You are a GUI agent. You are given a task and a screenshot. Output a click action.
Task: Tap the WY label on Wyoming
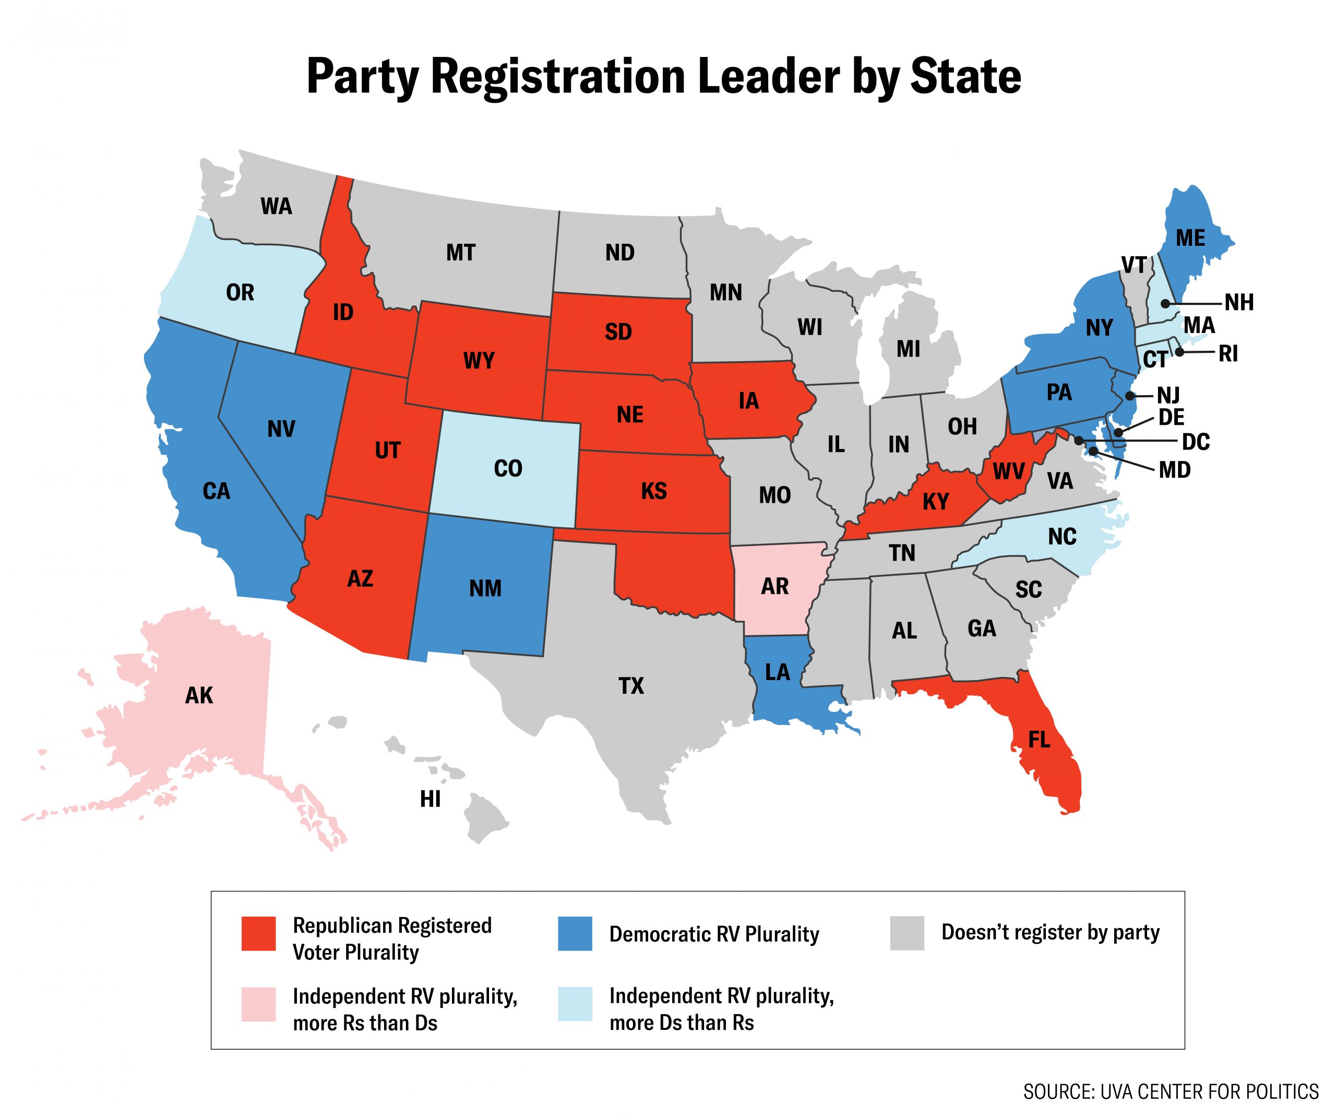pos(479,361)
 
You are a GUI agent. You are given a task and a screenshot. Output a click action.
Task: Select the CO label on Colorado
pos(508,469)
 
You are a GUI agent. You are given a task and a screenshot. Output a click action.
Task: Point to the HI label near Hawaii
pos(430,799)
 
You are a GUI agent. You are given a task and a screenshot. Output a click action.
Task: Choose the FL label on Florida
pos(1039,739)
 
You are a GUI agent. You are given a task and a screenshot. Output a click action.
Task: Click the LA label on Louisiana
pos(777,672)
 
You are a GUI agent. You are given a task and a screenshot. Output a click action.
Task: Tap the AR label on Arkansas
pos(774,586)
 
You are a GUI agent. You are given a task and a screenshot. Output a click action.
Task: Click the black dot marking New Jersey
pos(1130,396)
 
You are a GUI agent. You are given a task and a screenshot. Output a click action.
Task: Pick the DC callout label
pos(1196,442)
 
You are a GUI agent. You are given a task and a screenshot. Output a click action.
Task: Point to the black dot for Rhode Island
pos(1179,351)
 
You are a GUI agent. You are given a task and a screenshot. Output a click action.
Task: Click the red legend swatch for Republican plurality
pos(258,933)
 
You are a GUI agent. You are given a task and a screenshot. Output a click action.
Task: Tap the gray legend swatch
pos(906,933)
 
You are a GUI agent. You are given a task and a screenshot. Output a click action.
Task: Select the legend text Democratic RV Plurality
pos(714,934)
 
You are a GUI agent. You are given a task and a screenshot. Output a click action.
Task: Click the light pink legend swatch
pos(258,1003)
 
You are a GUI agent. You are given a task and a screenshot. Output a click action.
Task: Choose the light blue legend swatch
pos(575,1003)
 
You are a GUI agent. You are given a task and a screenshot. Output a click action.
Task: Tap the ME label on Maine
pos(1190,238)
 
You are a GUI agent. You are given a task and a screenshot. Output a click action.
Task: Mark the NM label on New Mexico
pos(485,589)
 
